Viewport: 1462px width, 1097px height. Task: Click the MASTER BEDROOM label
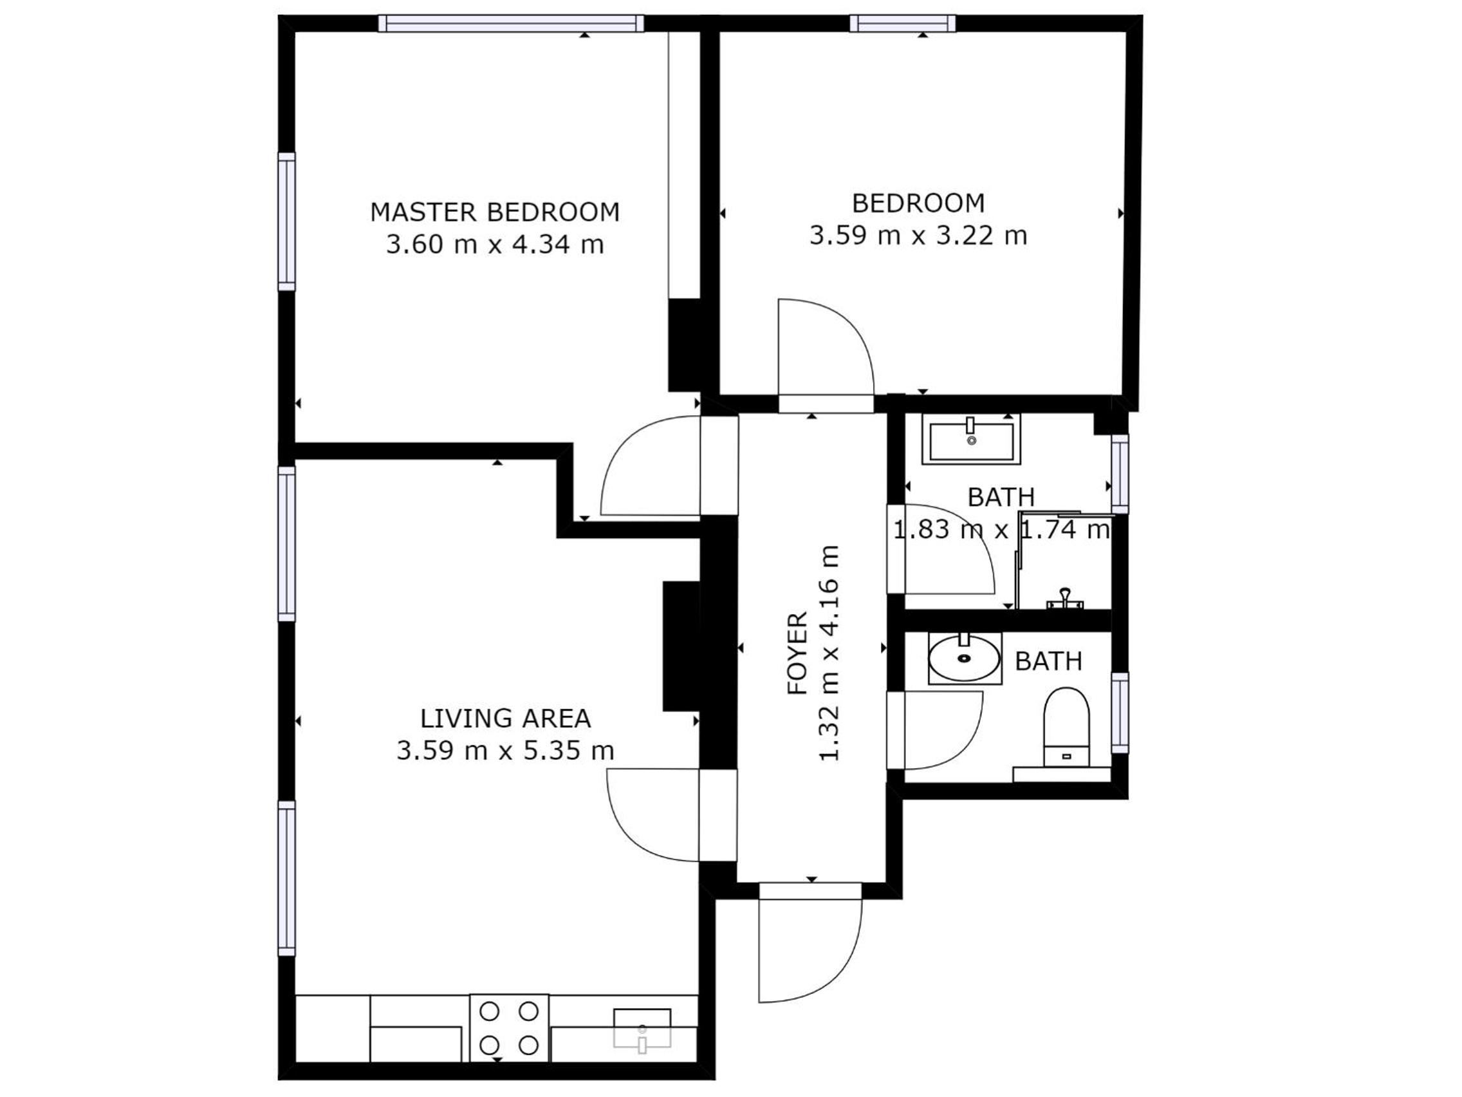point(495,212)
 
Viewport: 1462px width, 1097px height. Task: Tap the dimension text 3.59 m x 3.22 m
point(918,236)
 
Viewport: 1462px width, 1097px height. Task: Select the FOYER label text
point(798,653)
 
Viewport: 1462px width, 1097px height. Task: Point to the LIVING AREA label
point(506,718)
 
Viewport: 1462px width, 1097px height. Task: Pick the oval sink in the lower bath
point(965,658)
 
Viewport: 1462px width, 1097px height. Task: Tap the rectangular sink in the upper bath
point(972,440)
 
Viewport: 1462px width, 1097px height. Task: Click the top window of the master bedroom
point(511,23)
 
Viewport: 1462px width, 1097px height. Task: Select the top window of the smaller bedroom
point(902,23)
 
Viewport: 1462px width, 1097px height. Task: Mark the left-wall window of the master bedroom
point(286,221)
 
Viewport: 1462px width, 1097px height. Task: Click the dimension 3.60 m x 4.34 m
point(495,245)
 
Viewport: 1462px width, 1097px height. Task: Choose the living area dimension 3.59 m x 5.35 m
point(506,751)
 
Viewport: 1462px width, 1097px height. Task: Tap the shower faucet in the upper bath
point(1065,598)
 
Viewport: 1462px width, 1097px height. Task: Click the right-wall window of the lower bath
point(1120,713)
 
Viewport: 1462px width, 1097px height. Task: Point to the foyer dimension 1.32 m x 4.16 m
point(829,653)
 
